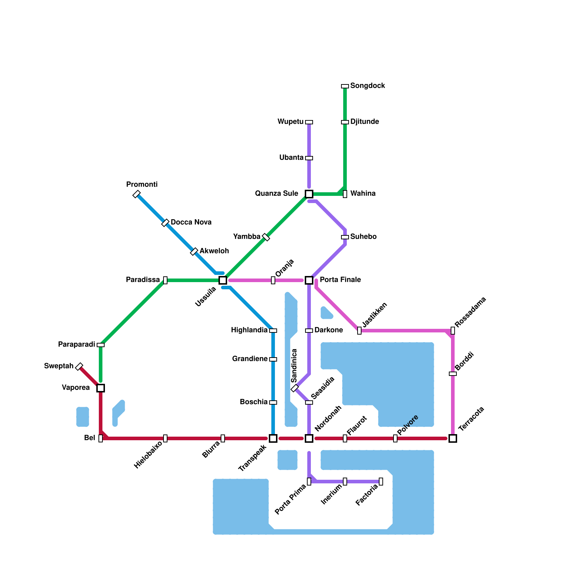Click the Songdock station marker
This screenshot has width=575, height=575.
tap(345, 86)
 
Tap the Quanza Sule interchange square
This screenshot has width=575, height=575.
tap(309, 194)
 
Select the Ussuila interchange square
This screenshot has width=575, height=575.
tap(223, 280)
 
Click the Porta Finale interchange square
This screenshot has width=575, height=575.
tap(309, 280)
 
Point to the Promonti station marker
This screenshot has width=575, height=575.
tap(137, 194)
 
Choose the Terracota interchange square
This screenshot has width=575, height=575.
tap(453, 438)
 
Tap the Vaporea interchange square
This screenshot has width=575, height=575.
tap(101, 388)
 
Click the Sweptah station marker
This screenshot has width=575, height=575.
tap(79, 367)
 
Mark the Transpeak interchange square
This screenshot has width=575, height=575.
tap(273, 438)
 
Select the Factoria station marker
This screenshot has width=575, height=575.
tap(381, 482)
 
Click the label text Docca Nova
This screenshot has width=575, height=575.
tap(191, 222)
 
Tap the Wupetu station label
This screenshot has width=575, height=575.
tap(290, 122)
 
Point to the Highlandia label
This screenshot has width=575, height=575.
tap(249, 330)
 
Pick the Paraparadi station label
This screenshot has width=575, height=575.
tap(77, 345)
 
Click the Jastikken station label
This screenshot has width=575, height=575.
tap(374, 315)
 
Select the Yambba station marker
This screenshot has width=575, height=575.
tap(266, 237)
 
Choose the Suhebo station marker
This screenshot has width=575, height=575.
tap(345, 237)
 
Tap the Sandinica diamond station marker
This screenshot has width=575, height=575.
tap(295, 388)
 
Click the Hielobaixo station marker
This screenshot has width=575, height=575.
tap(165, 438)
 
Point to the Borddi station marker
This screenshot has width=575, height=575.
tap(453, 374)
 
